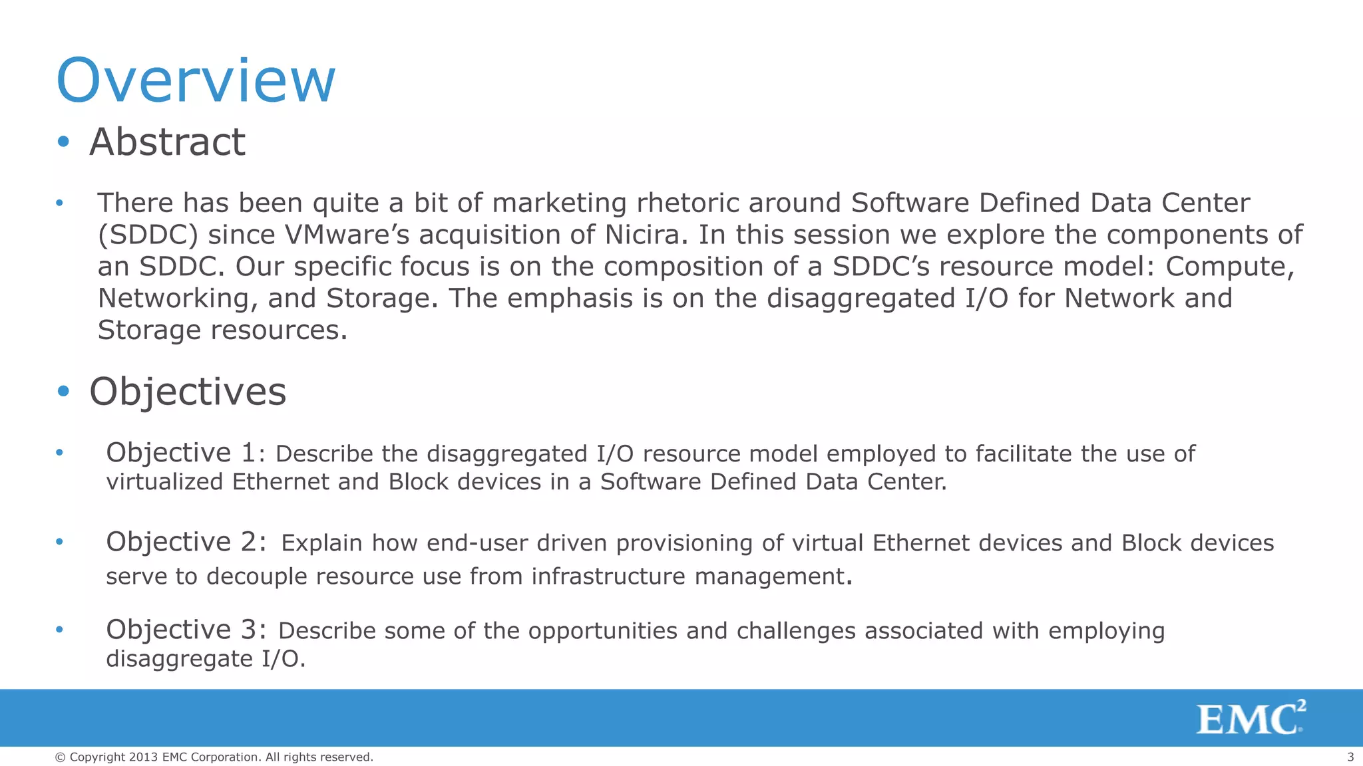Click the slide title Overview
196,80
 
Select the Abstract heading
167,142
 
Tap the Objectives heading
188,391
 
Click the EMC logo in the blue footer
1251,718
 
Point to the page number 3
1350,757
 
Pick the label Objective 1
180,453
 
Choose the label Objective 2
186,542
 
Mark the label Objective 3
186,630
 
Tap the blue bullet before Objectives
63,391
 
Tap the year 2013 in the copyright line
144,757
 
